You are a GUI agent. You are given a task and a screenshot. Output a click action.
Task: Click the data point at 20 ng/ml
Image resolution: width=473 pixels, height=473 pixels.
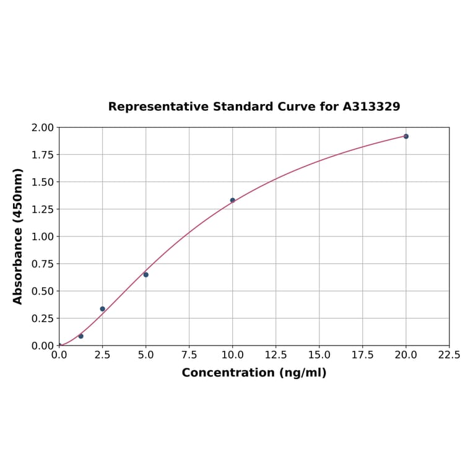(x=406, y=136)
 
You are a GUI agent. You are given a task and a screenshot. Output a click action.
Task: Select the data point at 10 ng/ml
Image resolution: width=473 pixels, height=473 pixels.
(x=233, y=200)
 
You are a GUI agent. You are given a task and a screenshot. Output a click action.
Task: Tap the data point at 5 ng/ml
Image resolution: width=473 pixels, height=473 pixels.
(x=145, y=274)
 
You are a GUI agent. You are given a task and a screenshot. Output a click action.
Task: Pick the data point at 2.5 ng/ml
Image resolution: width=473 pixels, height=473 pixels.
(x=103, y=309)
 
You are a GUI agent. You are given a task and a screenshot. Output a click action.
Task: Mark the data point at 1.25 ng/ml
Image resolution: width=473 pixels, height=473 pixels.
(x=81, y=336)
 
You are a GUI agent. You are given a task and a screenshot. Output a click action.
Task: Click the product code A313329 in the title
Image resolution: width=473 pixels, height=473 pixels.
(x=371, y=106)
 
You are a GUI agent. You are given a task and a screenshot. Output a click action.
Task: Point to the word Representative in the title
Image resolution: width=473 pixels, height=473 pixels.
(x=158, y=106)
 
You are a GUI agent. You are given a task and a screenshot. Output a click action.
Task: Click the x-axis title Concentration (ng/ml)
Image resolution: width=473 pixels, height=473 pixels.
(x=254, y=373)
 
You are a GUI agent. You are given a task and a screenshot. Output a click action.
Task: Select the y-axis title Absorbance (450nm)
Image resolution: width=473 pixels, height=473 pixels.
(x=18, y=236)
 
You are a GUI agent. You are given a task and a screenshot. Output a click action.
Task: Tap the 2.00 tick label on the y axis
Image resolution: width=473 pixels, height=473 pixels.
(x=43, y=128)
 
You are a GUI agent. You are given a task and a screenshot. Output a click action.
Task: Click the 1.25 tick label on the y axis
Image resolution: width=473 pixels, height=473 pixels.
(x=43, y=209)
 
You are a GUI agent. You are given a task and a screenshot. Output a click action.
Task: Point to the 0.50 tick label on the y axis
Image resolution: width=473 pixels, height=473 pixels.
(x=43, y=291)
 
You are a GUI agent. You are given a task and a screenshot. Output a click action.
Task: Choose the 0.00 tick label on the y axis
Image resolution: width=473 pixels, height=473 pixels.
(x=43, y=345)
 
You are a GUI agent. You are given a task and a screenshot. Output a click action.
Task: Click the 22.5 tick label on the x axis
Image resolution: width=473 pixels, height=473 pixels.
(x=449, y=355)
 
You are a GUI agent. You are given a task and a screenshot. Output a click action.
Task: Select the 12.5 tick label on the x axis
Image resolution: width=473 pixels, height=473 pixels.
(x=276, y=355)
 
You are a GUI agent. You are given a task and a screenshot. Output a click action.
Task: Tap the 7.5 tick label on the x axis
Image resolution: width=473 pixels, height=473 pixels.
(x=189, y=355)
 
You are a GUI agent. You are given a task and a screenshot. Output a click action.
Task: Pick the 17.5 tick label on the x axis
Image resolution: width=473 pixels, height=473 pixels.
(x=362, y=355)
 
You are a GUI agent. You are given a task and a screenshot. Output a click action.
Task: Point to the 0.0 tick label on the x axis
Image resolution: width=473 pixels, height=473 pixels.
(x=59, y=355)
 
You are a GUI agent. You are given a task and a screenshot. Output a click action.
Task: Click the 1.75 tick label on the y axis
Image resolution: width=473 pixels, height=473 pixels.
(x=43, y=155)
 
